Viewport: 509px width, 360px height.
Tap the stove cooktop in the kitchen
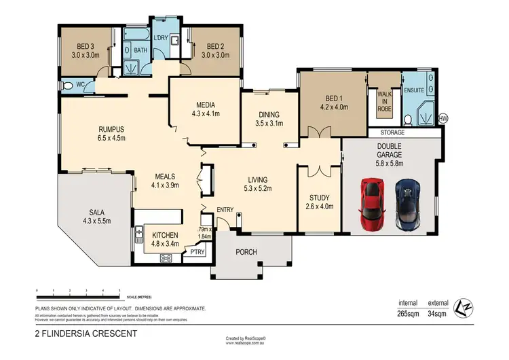click(x=166, y=258)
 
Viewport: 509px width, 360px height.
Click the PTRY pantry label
click(x=198, y=252)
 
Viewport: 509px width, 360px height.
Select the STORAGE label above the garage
click(x=392, y=133)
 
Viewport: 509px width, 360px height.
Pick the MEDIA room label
click(x=205, y=105)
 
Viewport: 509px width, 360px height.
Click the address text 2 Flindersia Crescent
click(x=86, y=334)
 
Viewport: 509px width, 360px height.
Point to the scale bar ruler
click(x=78, y=293)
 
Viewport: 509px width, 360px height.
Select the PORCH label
click(x=246, y=253)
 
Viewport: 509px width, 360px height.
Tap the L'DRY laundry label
click(x=161, y=37)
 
